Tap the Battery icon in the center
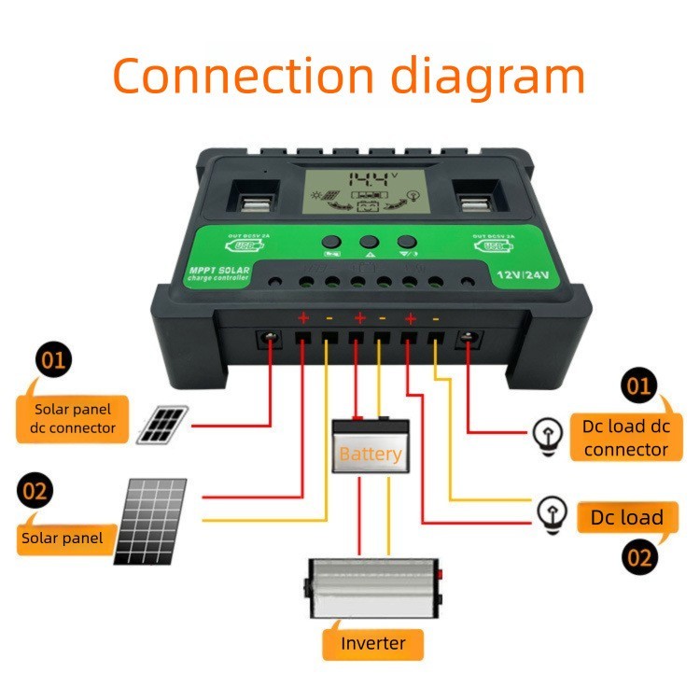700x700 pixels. tap(371, 445)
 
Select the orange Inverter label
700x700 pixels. tap(373, 643)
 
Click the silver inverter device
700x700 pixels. tap(373, 589)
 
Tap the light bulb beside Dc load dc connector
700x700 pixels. tap(545, 430)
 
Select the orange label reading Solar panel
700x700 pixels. tap(63, 539)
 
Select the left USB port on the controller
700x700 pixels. tap(250, 202)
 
